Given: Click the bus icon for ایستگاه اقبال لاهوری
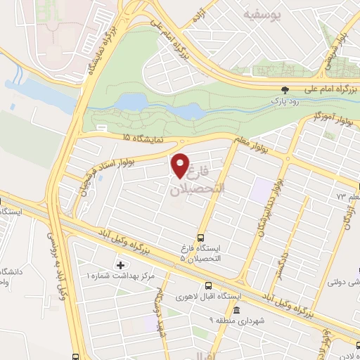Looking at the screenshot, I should point(208,285).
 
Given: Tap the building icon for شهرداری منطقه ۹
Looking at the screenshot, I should point(236,311).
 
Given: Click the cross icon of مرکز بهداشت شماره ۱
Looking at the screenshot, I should point(120,266).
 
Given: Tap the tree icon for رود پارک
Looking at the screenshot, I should point(285,90).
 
